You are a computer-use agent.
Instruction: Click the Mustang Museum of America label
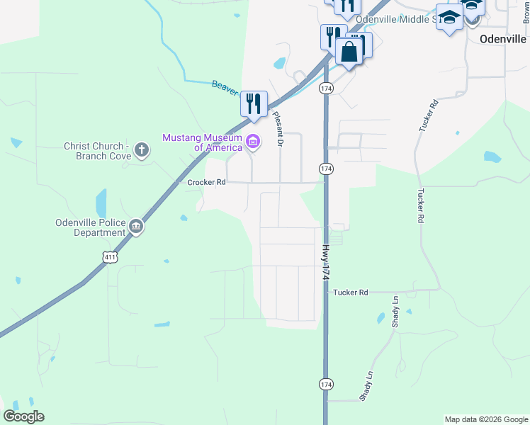tap(202, 142)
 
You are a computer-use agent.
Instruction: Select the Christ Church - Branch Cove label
tap(97, 151)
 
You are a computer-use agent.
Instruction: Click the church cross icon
tap(142, 150)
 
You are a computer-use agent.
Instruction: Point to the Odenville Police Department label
tap(90, 227)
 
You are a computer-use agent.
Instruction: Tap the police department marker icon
tap(136, 227)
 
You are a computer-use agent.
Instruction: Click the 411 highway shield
tap(109, 258)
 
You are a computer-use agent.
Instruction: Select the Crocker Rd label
tap(206, 182)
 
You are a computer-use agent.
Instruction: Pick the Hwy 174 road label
tap(326, 263)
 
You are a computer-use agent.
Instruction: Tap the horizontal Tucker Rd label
tap(351, 292)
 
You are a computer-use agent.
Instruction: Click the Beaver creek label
tap(225, 86)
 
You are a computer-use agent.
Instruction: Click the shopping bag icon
tap(349, 52)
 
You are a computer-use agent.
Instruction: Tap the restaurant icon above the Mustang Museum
tap(254, 104)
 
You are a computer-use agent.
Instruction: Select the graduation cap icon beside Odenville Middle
tap(449, 17)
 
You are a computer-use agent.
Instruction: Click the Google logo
tap(23, 416)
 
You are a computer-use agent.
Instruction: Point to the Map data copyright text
tap(486, 419)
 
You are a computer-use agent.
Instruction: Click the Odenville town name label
tap(503, 39)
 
